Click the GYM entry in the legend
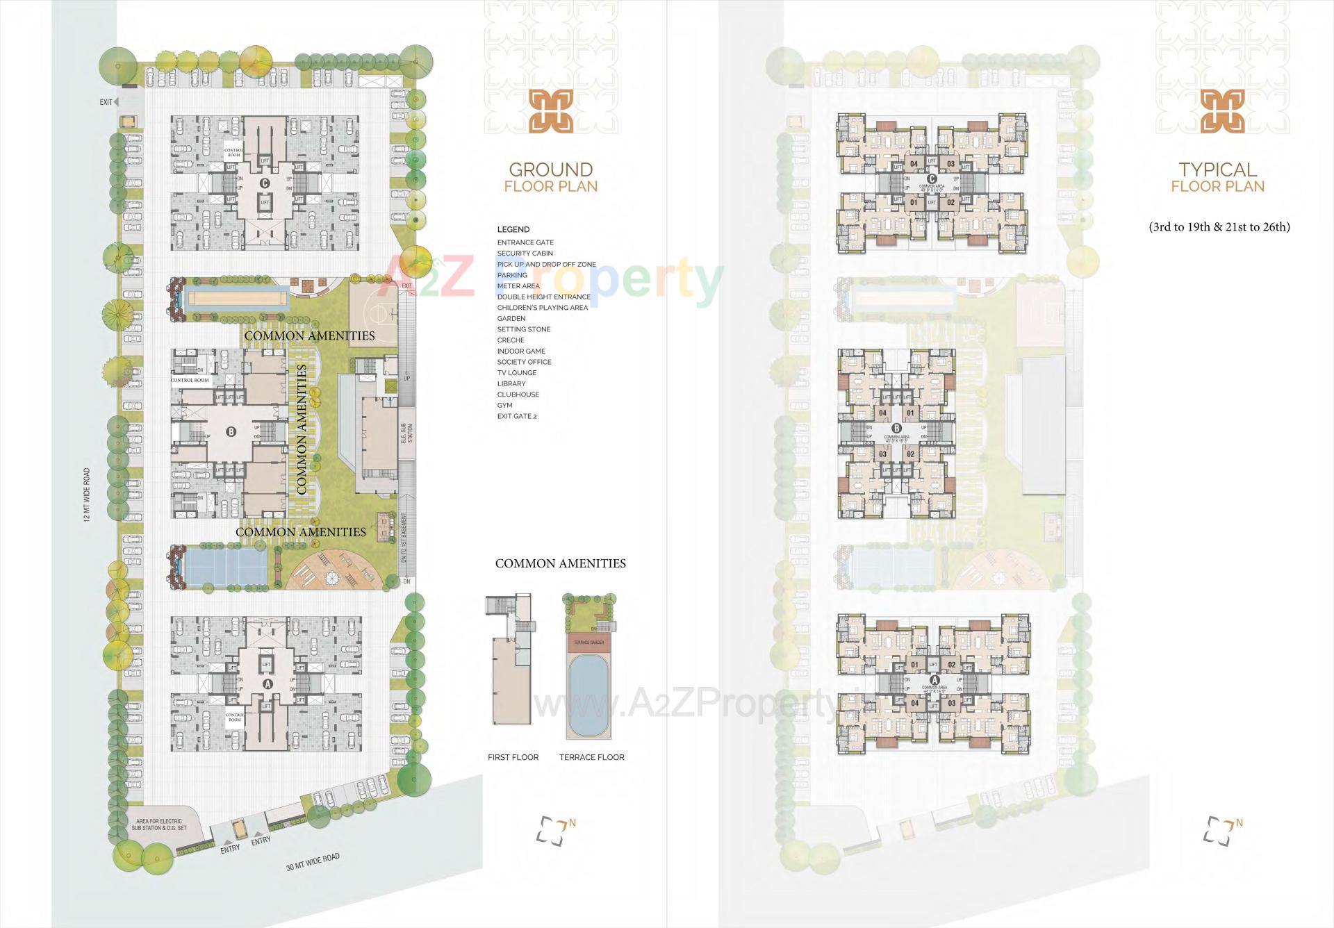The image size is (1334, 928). pyautogui.click(x=504, y=405)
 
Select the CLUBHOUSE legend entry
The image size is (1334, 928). pyautogui.click(x=518, y=395)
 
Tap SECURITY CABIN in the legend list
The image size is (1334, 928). pyautogui.click(x=525, y=254)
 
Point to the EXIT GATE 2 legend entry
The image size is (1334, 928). pyautogui.click(x=516, y=416)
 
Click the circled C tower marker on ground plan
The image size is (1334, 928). pyautogui.click(x=264, y=183)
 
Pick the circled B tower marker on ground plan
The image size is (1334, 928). pyautogui.click(x=231, y=431)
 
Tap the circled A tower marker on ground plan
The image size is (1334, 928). pyautogui.click(x=266, y=683)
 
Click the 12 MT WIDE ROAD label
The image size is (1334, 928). pyautogui.click(x=87, y=495)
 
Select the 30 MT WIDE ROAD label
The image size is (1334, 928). pyautogui.click(x=313, y=862)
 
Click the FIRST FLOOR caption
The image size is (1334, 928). pyautogui.click(x=513, y=757)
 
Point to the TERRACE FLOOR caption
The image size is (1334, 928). pyautogui.click(x=591, y=757)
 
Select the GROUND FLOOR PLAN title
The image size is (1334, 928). pyautogui.click(x=550, y=177)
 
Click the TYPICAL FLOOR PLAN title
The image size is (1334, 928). pyautogui.click(x=1217, y=177)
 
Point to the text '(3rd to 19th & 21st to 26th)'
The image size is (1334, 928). pyautogui.click(x=1219, y=227)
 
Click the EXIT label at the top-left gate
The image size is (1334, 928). pyautogui.click(x=106, y=102)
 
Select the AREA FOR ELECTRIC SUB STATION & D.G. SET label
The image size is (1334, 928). pyautogui.click(x=159, y=825)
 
